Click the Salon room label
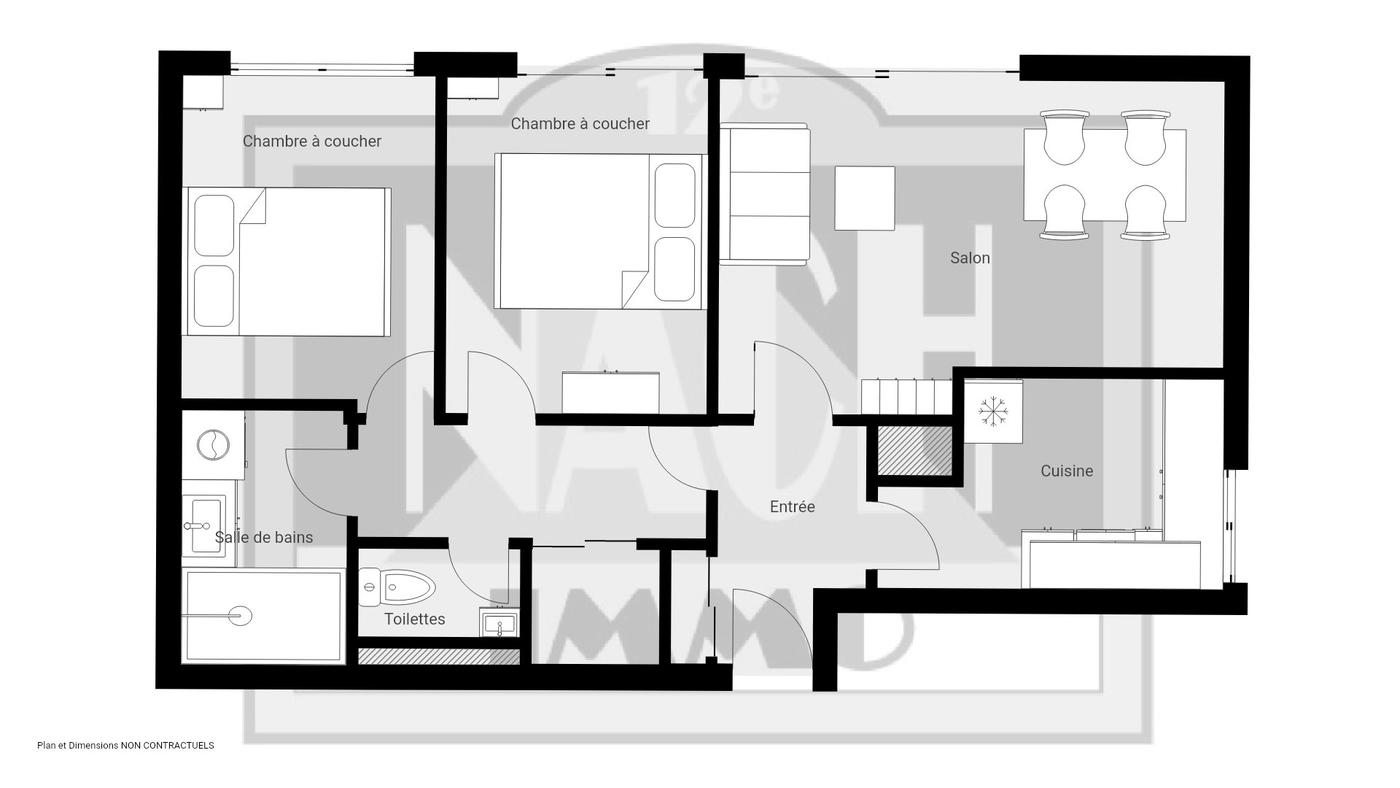pyautogui.click(x=970, y=258)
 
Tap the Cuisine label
pyautogui.click(x=1067, y=471)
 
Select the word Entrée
pyautogui.click(x=793, y=506)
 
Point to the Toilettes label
pyautogui.click(x=415, y=619)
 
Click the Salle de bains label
pyautogui.click(x=264, y=537)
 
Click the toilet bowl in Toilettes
pyautogui.click(x=397, y=587)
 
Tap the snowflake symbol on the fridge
pyautogui.click(x=992, y=412)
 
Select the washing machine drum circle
pyautogui.click(x=214, y=444)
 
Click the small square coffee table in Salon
pyautogui.click(x=865, y=198)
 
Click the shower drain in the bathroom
pyautogui.click(x=240, y=616)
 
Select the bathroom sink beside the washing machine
pyautogui.click(x=204, y=525)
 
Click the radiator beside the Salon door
pyautogui.click(x=907, y=397)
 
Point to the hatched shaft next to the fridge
pyautogui.click(x=914, y=450)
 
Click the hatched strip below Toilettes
pyautogui.click(x=439, y=657)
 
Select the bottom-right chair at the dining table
pyautogui.click(x=1146, y=212)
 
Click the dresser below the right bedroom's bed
pyautogui.click(x=610, y=393)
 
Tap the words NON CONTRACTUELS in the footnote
pyautogui.click(x=167, y=746)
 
